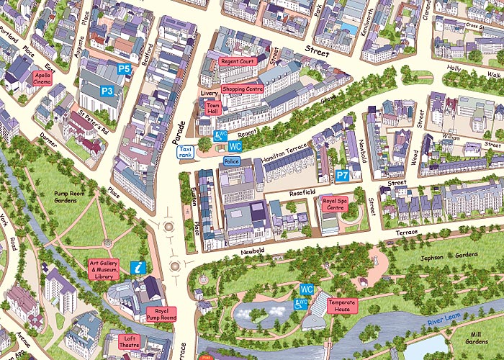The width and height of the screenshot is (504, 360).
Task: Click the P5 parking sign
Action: click(x=124, y=69)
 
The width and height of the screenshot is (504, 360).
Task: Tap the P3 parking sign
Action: click(x=107, y=91)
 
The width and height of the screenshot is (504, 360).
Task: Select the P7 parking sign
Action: click(x=343, y=175)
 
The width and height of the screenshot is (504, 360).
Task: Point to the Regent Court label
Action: click(x=238, y=62)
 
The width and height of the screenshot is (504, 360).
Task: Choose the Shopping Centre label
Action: click(x=243, y=89)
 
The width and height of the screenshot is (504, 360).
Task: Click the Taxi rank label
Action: click(x=185, y=151)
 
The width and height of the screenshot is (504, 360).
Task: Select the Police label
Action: click(x=232, y=161)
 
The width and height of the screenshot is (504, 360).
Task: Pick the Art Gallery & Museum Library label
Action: click(x=104, y=269)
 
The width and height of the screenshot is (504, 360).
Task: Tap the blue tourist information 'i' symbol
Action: click(x=139, y=267)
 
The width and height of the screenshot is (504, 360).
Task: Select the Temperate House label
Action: click(x=342, y=305)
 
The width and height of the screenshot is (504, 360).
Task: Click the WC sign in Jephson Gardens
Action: click(x=307, y=289)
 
